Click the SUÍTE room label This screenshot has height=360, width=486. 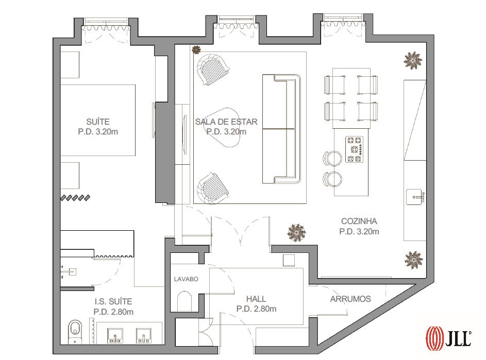click(98, 122)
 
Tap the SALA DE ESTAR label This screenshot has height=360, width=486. click(226, 122)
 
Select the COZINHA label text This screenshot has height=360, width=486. click(359, 221)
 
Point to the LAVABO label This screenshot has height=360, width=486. click(186, 279)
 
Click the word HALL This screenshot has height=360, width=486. click(256, 299)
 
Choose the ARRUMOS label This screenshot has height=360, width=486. click(350, 299)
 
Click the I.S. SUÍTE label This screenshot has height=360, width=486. click(113, 301)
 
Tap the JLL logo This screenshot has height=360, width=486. click(448, 337)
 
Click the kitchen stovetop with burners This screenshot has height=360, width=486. click(354, 149)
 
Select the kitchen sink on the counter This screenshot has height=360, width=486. click(415, 197)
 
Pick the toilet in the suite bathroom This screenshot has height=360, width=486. click(75, 332)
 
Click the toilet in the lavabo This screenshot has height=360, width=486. click(185, 301)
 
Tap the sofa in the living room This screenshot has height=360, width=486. click(281, 129)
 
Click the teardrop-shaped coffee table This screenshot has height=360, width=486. click(225, 127)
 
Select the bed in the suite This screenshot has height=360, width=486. click(97, 120)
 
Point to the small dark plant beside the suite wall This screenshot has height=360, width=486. click(196, 49)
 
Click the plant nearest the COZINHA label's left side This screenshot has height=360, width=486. click(297, 232)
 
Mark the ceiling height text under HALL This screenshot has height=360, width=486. click(256, 309)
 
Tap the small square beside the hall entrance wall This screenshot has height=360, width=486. click(289, 260)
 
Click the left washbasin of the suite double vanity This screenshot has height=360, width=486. click(115, 335)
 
